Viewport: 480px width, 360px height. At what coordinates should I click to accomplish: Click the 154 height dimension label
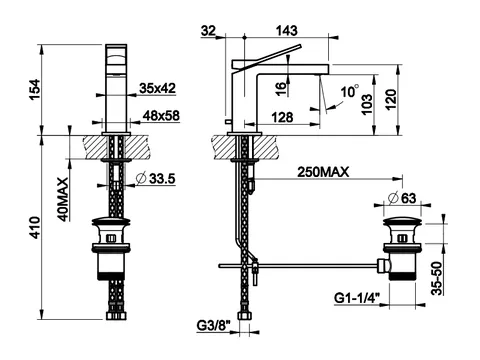coord(34,89)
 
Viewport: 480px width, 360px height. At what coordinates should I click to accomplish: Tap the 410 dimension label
coord(35,227)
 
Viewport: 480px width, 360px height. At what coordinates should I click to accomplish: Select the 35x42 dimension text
coord(157,88)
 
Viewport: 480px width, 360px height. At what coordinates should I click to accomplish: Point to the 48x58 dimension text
coord(161,116)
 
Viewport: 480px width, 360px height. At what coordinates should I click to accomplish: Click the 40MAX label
coord(62,199)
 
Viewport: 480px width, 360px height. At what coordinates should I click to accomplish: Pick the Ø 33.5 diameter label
coord(156,179)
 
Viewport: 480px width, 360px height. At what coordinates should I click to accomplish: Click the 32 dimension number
coord(209,31)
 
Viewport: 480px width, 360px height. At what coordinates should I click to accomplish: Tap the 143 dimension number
coord(287,31)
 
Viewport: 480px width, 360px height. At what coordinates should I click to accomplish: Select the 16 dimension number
coord(281,88)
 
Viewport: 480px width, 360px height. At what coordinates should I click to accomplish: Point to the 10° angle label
coord(349,91)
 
